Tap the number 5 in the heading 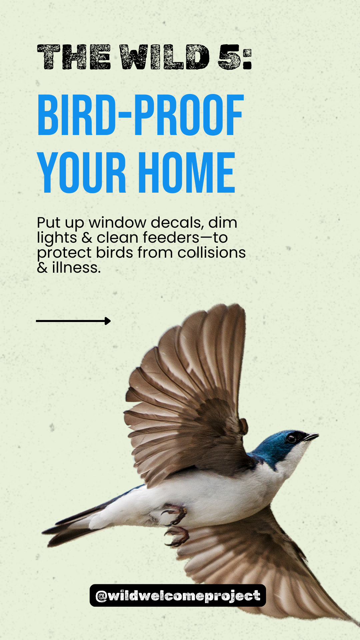(x=229, y=57)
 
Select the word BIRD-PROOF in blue (x=141, y=115)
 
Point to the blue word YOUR (x=82, y=172)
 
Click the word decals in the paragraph (x=177, y=223)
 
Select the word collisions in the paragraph (x=211, y=253)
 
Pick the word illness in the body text (x=76, y=268)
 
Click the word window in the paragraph (x=118, y=223)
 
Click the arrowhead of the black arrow (x=107, y=321)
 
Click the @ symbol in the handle (x=101, y=596)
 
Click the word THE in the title (x=74, y=57)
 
